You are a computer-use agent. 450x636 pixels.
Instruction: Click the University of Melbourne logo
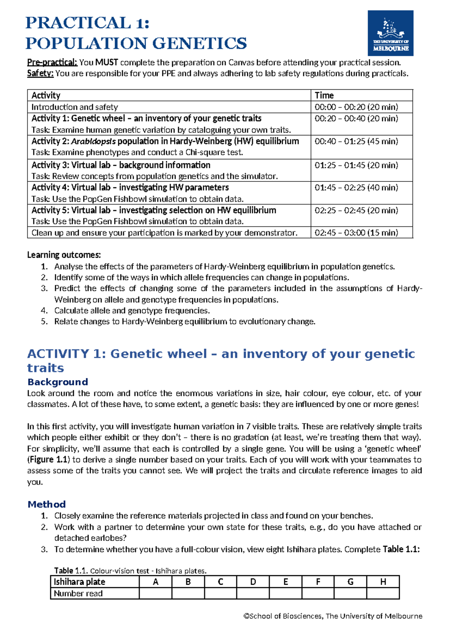(x=390, y=33)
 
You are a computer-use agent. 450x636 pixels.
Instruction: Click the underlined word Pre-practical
(x=52, y=62)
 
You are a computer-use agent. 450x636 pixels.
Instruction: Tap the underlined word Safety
(x=40, y=73)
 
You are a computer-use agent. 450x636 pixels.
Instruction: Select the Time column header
(x=324, y=95)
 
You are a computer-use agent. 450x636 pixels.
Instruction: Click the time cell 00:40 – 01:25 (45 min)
(x=356, y=141)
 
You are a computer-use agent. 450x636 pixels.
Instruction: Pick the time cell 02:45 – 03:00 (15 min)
(x=356, y=232)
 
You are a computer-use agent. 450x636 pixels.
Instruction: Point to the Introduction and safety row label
(x=75, y=107)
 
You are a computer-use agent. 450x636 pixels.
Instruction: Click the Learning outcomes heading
(x=64, y=255)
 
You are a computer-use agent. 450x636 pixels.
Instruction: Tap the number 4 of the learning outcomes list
(x=44, y=310)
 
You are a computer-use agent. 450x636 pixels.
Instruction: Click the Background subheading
(x=57, y=382)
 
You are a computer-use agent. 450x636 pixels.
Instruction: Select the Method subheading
(x=46, y=504)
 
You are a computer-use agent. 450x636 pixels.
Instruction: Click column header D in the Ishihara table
(x=253, y=582)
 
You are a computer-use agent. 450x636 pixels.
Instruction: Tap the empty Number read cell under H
(x=383, y=593)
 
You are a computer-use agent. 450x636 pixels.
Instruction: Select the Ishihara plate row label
(x=79, y=582)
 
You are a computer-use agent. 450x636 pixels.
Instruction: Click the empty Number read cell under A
(x=155, y=593)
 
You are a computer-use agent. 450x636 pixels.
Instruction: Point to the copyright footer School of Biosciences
(x=333, y=616)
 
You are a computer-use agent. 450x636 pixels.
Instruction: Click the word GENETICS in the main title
(x=199, y=43)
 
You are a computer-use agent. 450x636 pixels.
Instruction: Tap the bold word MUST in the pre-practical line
(x=107, y=62)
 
